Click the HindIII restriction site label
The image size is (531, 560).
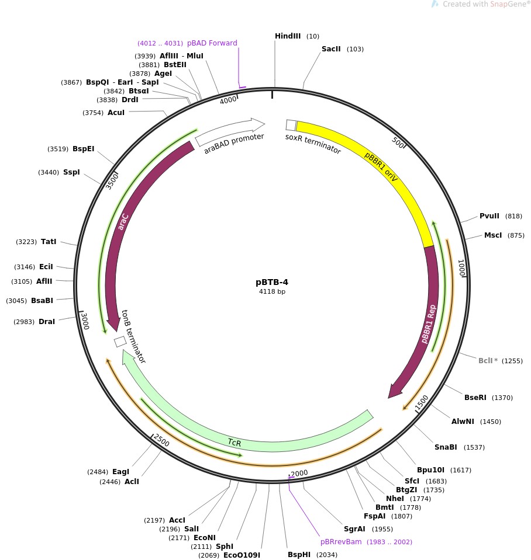[x=288, y=36]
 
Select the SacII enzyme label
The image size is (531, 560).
[x=331, y=49]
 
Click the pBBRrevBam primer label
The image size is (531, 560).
[x=341, y=542]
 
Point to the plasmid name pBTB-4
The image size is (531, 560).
[x=273, y=282]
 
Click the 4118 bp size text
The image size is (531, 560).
[x=273, y=291]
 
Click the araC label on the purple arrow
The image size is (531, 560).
[x=123, y=221]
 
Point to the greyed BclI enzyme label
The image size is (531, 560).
[x=485, y=360]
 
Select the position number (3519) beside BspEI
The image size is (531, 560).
[x=58, y=149]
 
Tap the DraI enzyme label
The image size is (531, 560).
[x=47, y=322]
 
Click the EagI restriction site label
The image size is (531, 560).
[x=120, y=472]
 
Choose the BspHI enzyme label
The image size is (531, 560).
[x=299, y=555]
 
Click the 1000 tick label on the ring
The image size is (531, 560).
[x=461, y=267]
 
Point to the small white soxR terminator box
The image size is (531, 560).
[x=291, y=125]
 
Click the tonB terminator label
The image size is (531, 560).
[x=133, y=337]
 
